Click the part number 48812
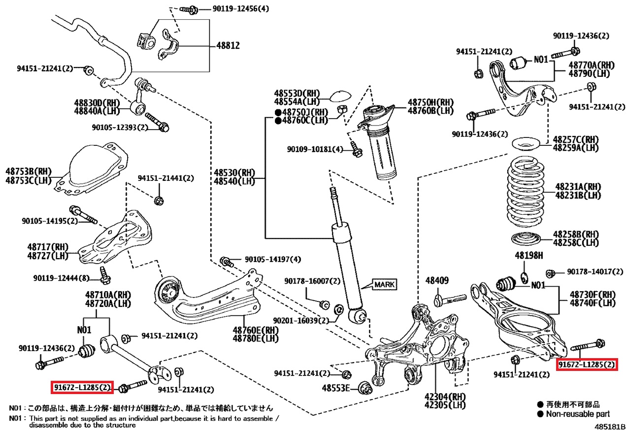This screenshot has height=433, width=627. click(x=228, y=46)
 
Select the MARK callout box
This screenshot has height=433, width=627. click(x=384, y=284)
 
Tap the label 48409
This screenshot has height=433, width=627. click(x=437, y=281)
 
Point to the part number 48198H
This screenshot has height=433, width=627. click(x=529, y=256)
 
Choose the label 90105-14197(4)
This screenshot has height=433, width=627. click(x=272, y=260)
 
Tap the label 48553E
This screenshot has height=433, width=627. click(x=337, y=388)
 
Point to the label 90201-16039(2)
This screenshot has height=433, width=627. click(x=299, y=320)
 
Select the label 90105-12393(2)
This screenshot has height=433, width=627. click(x=120, y=127)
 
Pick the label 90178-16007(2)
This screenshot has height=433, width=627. click(x=312, y=281)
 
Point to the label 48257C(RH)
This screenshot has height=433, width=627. click(x=575, y=139)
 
